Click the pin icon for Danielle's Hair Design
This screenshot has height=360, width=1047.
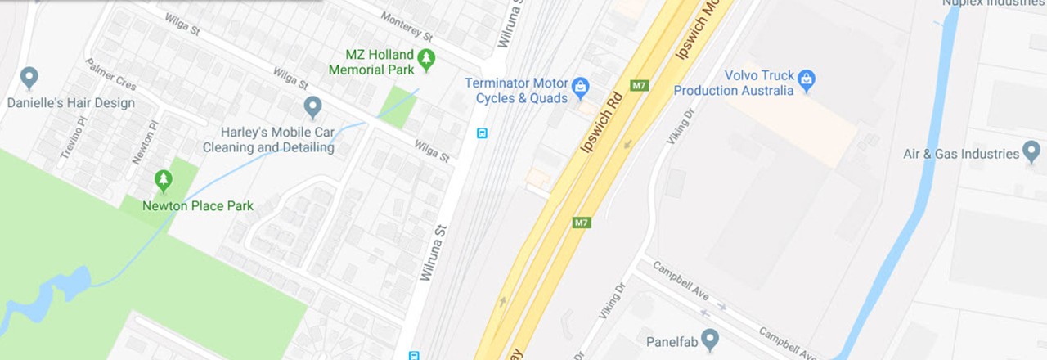pyautogui.click(x=29, y=78)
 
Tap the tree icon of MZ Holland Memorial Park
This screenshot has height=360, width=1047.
pyautogui.click(x=425, y=58)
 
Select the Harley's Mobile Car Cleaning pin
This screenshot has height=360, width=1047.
pyautogui.click(x=312, y=106)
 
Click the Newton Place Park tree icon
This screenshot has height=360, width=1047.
pyautogui.click(x=164, y=179)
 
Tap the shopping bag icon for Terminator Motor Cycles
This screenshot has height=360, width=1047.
pyautogui.click(x=580, y=85)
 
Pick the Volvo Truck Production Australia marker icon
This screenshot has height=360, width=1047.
pyautogui.click(x=807, y=79)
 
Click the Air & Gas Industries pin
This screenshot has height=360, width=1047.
pyautogui.click(x=1031, y=151)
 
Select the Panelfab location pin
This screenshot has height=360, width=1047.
pyautogui.click(x=710, y=338)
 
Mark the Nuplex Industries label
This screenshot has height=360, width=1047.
pyautogui.click(x=993, y=3)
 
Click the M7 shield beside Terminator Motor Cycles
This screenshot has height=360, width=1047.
pyautogui.click(x=639, y=85)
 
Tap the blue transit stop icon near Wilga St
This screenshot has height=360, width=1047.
pyautogui.click(x=482, y=133)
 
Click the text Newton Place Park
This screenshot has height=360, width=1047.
pyautogui.click(x=198, y=205)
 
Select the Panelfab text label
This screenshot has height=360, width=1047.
pyautogui.click(x=670, y=340)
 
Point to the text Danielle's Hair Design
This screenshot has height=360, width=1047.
pyautogui.click(x=71, y=103)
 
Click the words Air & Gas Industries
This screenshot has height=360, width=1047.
pyautogui.click(x=961, y=154)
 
